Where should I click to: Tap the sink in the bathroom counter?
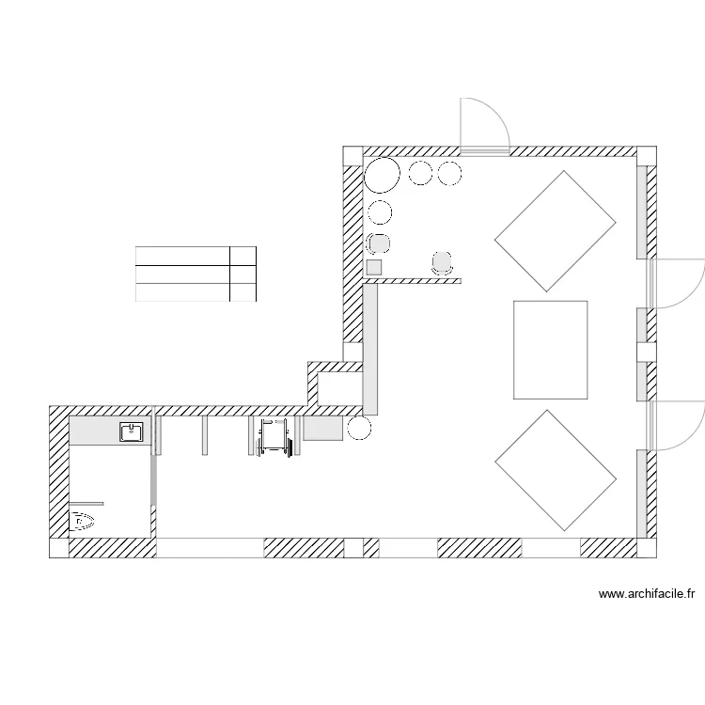(x=131, y=432)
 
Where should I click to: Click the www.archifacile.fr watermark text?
(x=646, y=593)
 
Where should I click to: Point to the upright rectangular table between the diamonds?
(x=550, y=350)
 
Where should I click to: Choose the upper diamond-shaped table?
(x=556, y=230)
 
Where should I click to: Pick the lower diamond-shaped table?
(x=556, y=470)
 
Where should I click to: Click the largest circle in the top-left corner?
(x=383, y=175)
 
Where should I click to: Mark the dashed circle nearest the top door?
(x=450, y=173)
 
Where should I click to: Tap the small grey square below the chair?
(x=373, y=267)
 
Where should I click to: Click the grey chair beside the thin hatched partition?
(x=442, y=262)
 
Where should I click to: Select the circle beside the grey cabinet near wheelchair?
(x=359, y=430)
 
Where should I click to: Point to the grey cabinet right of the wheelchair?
(x=322, y=428)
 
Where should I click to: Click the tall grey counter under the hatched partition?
(x=370, y=348)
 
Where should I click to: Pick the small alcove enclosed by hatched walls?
(x=339, y=387)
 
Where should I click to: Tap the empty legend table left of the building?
(x=196, y=274)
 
